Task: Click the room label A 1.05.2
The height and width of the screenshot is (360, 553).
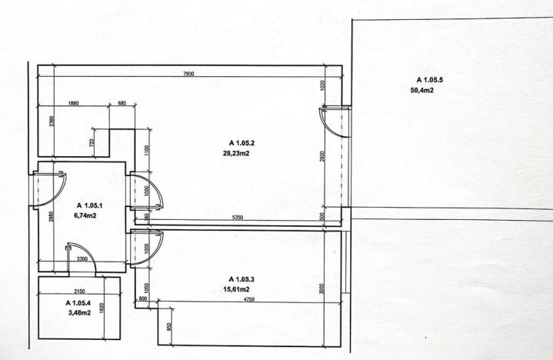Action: point(242,143)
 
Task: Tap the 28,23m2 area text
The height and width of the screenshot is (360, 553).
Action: point(236,153)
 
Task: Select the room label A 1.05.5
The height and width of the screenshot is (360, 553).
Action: point(430,80)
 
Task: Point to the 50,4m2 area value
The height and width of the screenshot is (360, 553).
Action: point(422,90)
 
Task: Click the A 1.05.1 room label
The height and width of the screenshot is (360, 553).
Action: point(89,205)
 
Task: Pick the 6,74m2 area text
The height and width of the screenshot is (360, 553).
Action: point(85,215)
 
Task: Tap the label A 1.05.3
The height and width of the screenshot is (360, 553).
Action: point(242,279)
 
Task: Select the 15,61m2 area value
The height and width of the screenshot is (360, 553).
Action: point(236,289)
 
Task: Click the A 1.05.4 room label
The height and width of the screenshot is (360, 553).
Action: point(78,303)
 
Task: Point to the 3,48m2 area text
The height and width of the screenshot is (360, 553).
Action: point(79,312)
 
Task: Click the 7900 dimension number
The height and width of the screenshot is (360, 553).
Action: point(188,74)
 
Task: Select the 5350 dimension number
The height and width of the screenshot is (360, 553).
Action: point(238,218)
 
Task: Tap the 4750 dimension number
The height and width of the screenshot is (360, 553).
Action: point(249,299)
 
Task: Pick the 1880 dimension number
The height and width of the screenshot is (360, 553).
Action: point(73,103)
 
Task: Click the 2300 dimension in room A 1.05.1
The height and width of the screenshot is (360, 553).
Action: point(82,258)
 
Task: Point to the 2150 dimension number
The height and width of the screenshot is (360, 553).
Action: point(79,292)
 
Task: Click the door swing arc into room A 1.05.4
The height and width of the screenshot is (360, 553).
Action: point(88,251)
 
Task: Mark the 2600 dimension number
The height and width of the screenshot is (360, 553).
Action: point(322,156)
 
